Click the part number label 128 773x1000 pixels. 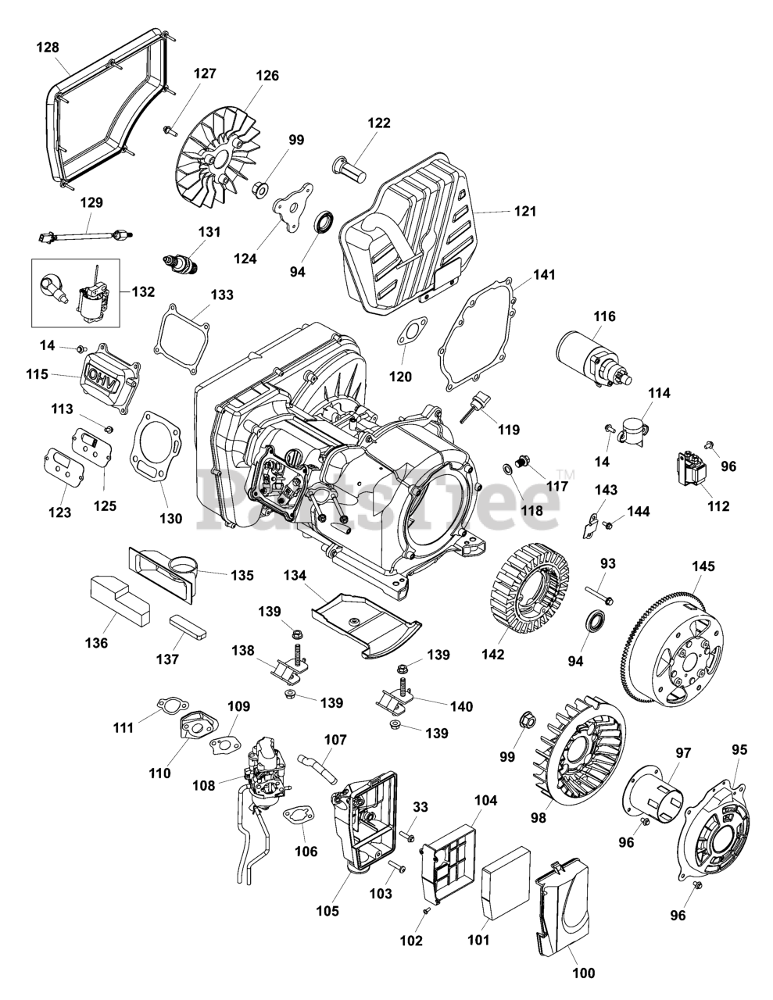48,48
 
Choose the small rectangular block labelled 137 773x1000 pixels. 188,627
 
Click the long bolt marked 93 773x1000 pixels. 599,594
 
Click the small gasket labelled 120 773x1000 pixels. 412,330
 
